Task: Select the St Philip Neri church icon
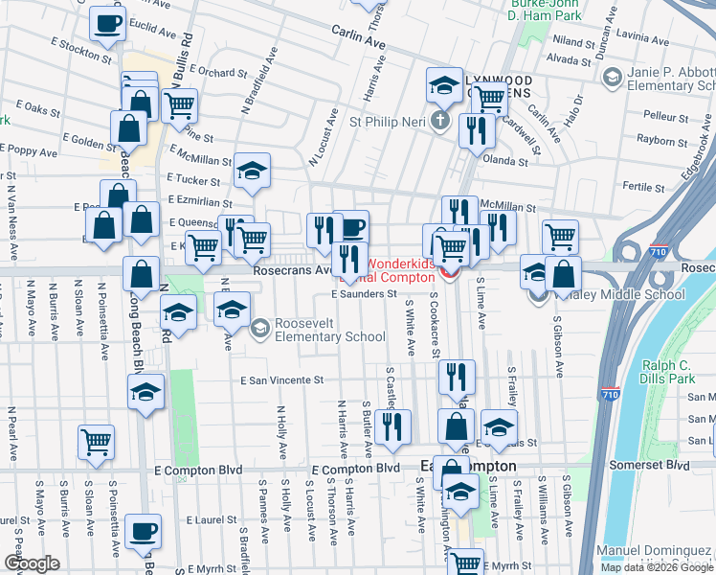click(x=439, y=121)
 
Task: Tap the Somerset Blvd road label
click(x=664, y=465)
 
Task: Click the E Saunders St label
click(x=365, y=294)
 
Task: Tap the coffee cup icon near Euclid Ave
click(x=107, y=24)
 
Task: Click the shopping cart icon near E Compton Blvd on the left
click(x=96, y=442)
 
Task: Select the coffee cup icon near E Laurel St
click(x=144, y=531)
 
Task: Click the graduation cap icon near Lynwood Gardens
click(x=444, y=86)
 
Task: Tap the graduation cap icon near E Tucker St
click(x=252, y=172)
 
